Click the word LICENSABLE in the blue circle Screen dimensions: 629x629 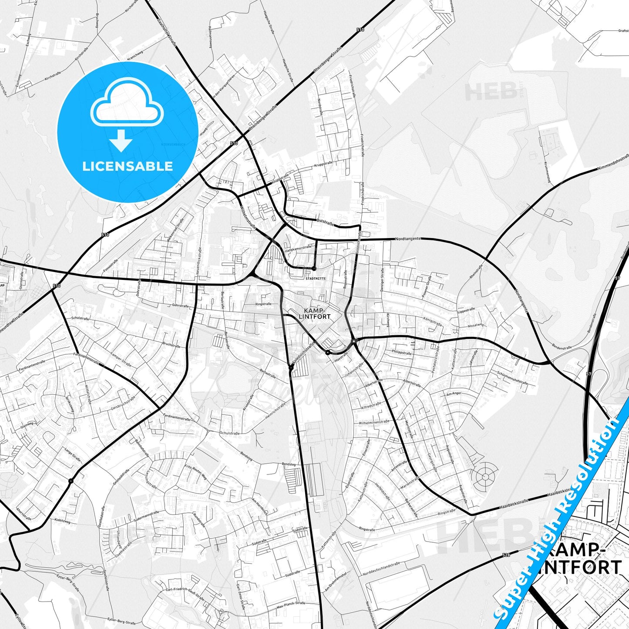[128, 166]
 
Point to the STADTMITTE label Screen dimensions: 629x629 [316, 277]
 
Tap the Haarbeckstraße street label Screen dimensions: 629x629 [514, 503]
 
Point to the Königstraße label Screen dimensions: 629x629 [432, 321]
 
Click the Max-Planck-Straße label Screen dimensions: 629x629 [291, 605]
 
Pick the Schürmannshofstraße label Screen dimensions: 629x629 [512, 377]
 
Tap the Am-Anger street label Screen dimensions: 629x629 [454, 394]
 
